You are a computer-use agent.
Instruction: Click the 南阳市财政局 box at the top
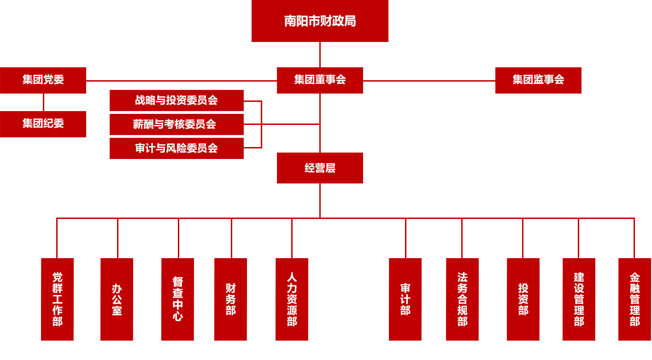320,21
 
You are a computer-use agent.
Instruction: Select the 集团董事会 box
320,80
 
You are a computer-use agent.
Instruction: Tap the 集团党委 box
43,80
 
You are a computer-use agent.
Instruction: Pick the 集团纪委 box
43,124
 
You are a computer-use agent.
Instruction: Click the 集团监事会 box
538,80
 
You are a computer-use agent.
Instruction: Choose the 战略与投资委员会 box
176,100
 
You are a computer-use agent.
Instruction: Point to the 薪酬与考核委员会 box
176,124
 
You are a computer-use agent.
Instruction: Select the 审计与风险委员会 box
176,148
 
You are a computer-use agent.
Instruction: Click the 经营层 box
320,168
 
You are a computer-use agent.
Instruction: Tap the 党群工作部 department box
57,299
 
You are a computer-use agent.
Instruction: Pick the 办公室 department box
117,299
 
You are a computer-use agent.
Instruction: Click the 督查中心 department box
177,299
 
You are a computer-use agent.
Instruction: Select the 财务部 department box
230,299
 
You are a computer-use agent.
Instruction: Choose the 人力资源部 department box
292,299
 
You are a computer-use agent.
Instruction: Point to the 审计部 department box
405,299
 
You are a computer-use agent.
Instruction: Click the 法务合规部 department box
462,299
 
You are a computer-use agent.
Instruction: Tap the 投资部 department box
523,299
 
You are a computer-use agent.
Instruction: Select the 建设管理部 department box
579,299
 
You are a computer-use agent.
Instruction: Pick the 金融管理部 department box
634,299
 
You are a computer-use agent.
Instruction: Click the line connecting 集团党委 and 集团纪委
44,102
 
